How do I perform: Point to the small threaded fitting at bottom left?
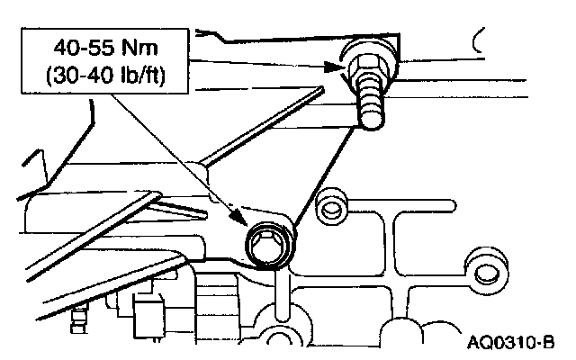point(82,315)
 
